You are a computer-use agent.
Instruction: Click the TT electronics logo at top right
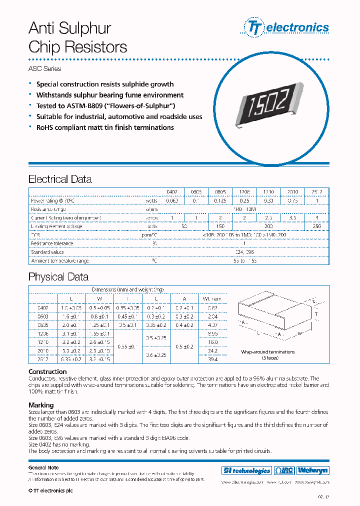click(x=286, y=27)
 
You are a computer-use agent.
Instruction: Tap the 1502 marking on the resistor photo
click(x=267, y=104)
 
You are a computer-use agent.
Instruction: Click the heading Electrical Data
click(x=60, y=179)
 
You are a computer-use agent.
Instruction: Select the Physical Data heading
click(x=58, y=277)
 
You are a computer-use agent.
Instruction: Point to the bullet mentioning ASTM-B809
click(x=106, y=106)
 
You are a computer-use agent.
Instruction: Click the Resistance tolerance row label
click(x=52, y=243)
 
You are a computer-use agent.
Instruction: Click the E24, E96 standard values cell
click(x=244, y=252)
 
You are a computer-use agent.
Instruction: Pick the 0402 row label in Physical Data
click(x=43, y=307)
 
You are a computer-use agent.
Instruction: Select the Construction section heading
click(x=47, y=371)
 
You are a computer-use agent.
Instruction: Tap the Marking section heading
click(x=41, y=405)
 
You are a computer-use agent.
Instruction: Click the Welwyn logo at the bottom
click(x=313, y=470)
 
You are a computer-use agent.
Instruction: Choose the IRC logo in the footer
click(x=284, y=470)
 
